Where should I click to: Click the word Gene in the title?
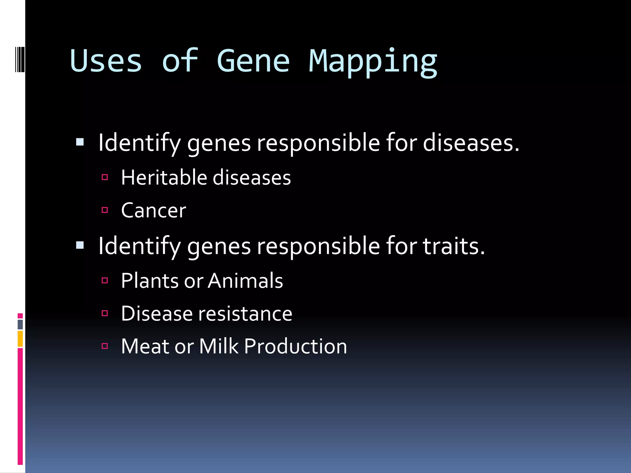point(253,61)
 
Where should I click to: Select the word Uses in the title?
point(106,61)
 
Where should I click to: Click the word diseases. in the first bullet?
point(471,143)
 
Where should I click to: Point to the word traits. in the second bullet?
point(454,246)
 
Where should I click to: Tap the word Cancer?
point(153,211)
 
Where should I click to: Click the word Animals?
point(245,281)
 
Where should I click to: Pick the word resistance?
point(245,314)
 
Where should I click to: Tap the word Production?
point(295,346)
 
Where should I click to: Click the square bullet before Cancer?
point(105,210)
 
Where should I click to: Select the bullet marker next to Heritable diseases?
point(105,177)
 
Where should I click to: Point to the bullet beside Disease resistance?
point(105,313)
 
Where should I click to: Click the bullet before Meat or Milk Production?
point(105,346)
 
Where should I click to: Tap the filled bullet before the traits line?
point(80,245)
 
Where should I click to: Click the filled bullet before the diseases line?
point(80,142)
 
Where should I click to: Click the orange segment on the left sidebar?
point(20,339)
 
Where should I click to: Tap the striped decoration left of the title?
point(19,59)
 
